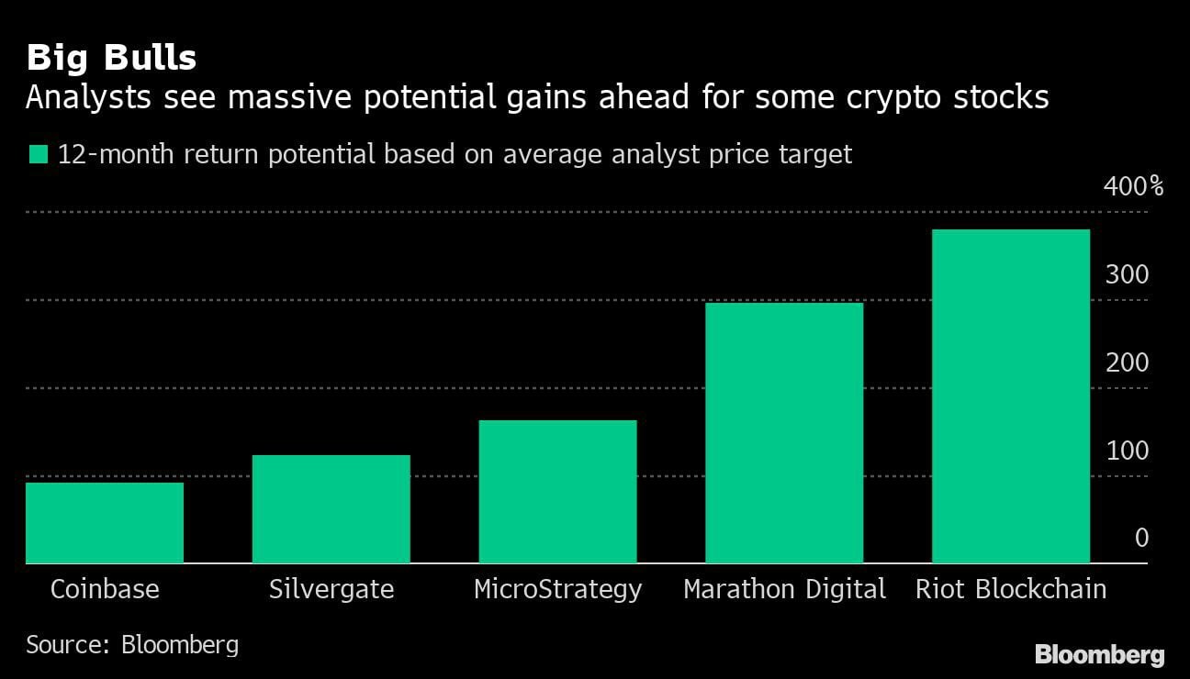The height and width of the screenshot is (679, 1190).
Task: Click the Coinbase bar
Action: pyautogui.click(x=105, y=522)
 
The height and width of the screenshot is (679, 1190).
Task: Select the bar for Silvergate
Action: pyautogui.click(x=331, y=509)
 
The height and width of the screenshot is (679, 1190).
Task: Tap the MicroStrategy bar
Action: pyautogui.click(x=557, y=492)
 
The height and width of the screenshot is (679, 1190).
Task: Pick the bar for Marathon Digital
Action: pyautogui.click(x=784, y=433)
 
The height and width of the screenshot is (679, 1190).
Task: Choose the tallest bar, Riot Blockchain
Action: pyautogui.click(x=1010, y=396)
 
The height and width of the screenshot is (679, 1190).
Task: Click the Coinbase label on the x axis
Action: pyautogui.click(x=105, y=589)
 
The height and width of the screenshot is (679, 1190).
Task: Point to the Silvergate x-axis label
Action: pyautogui.click(x=331, y=589)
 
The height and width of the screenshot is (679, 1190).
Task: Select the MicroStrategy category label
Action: pyautogui.click(x=557, y=589)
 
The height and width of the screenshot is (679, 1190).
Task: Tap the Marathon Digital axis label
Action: pyautogui.click(x=784, y=589)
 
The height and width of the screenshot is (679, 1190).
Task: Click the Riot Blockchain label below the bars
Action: pyautogui.click(x=1011, y=589)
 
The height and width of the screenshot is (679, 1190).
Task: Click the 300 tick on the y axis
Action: pyautogui.click(x=1127, y=275)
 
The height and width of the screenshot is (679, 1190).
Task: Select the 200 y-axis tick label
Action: pyautogui.click(x=1127, y=363)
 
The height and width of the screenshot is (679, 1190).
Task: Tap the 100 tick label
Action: pyautogui.click(x=1127, y=451)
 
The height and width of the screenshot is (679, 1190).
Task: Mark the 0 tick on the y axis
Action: pyautogui.click(x=1141, y=538)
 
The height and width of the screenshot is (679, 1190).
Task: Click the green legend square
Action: pyautogui.click(x=38, y=154)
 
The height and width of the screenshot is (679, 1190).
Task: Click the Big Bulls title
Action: pyautogui.click(x=111, y=58)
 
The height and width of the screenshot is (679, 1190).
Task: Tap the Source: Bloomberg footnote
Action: pyautogui.click(x=132, y=644)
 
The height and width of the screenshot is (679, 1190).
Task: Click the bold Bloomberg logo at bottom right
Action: pyautogui.click(x=1099, y=654)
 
